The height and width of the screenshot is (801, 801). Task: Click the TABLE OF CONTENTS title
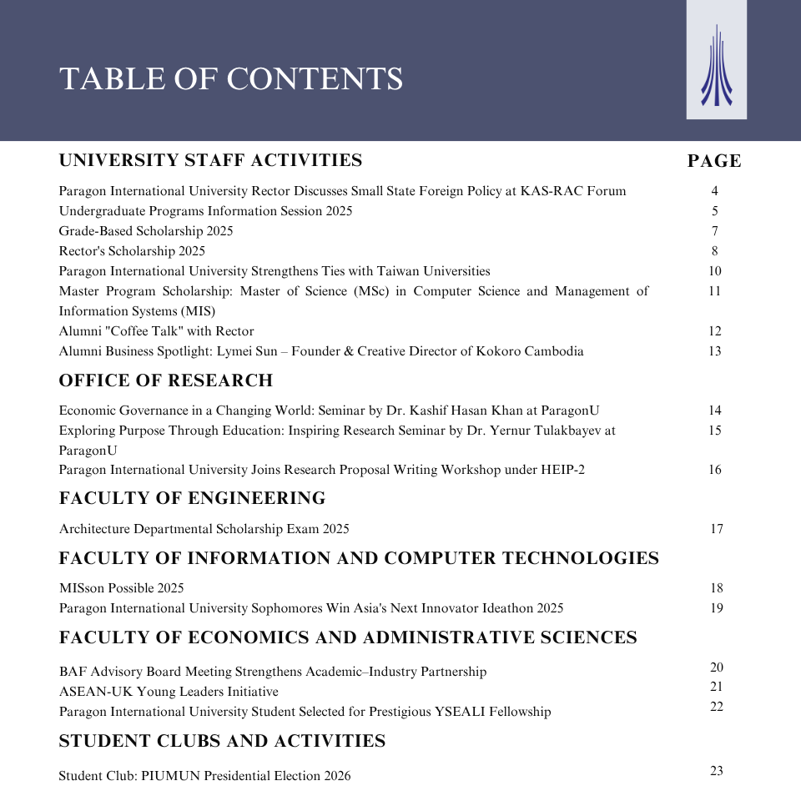click(x=231, y=79)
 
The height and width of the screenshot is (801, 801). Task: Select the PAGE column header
click(x=714, y=161)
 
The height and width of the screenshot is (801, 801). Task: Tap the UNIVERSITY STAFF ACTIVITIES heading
click(x=210, y=160)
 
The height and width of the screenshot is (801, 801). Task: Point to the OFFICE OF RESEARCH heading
click(x=166, y=380)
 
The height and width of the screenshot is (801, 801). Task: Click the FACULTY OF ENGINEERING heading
click(x=192, y=498)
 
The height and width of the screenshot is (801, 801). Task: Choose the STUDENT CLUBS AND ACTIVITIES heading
click(x=222, y=741)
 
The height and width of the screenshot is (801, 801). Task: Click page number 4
click(x=715, y=191)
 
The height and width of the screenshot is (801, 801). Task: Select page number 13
click(x=715, y=351)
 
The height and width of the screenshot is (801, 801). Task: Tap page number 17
click(x=717, y=529)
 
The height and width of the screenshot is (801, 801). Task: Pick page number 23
click(x=717, y=771)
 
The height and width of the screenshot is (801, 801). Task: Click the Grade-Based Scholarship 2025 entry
click(x=146, y=231)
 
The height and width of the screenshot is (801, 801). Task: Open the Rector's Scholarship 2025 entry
click(x=132, y=251)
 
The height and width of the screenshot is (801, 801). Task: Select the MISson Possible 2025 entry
click(x=122, y=588)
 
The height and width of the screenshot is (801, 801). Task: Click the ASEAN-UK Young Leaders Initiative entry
click(x=169, y=692)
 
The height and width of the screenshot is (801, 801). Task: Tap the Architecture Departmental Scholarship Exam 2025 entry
click(x=204, y=529)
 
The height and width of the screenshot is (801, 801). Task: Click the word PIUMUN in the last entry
click(x=165, y=776)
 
